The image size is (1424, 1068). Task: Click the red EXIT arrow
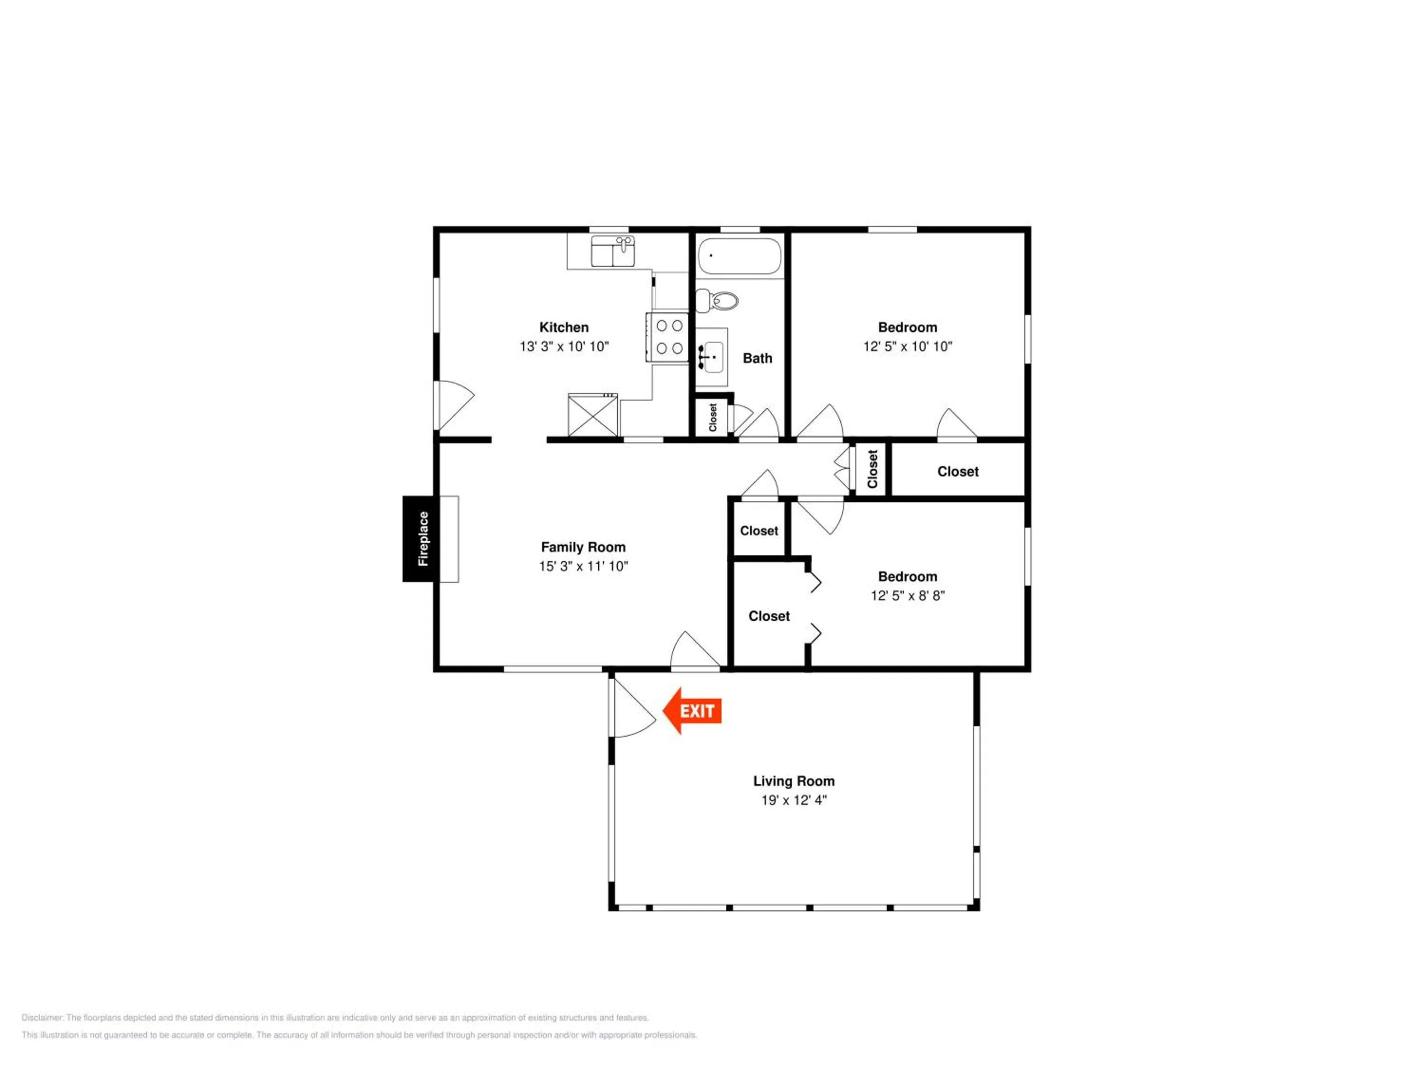point(692,711)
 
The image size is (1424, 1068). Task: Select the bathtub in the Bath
point(740,256)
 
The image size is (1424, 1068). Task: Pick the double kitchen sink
point(613,251)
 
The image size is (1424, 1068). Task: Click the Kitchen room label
point(564,327)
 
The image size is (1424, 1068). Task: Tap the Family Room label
point(583,547)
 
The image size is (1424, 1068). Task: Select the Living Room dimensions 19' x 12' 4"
point(794,800)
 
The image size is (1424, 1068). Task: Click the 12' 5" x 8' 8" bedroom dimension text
point(908,596)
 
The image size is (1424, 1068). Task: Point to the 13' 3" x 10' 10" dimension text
point(564,347)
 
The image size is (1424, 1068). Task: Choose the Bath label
point(758,358)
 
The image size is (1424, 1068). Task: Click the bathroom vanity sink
point(712,357)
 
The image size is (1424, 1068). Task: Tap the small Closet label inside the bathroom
point(712,417)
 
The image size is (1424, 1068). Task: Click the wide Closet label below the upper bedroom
point(958,472)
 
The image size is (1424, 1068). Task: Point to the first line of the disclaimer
point(335,1018)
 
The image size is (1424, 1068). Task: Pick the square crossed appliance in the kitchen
point(593,414)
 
